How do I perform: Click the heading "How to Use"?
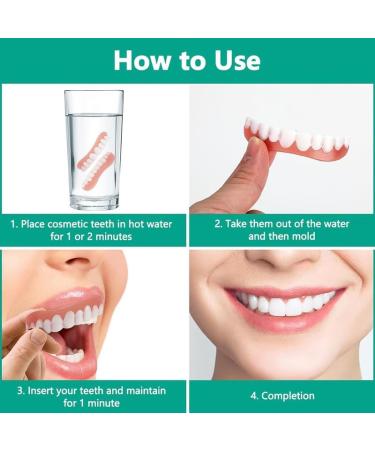(x=187, y=59)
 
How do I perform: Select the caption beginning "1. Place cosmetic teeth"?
(x=94, y=231)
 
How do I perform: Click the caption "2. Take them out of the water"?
(x=281, y=231)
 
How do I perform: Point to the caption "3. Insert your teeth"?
(x=94, y=395)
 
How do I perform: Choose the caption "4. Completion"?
(x=281, y=395)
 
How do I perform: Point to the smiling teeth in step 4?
(x=283, y=303)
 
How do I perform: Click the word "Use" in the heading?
(x=232, y=59)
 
